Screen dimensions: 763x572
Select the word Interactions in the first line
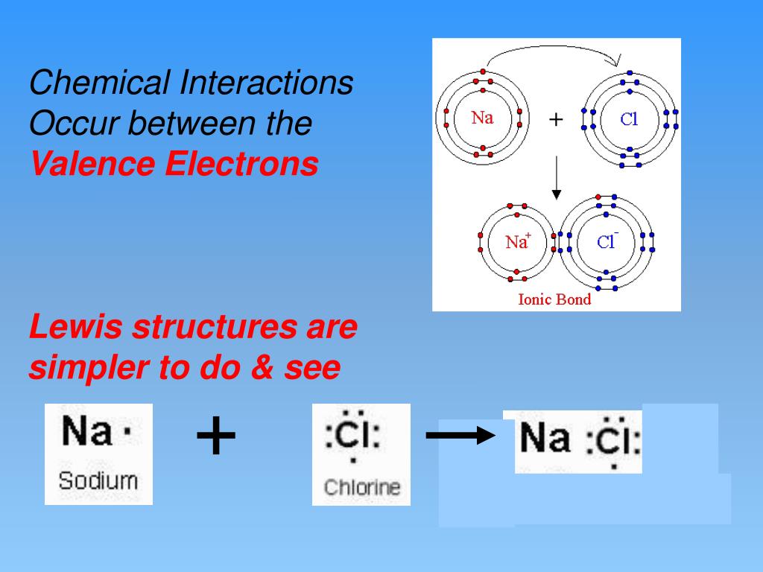[x=266, y=83]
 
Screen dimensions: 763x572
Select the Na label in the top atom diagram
[x=482, y=118]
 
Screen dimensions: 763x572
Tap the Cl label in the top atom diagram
[x=630, y=119]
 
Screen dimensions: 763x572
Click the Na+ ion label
[x=517, y=241]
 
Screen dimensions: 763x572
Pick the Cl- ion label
[x=607, y=241]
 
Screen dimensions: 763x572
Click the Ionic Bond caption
[x=554, y=299]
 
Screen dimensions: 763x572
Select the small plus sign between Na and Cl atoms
[x=556, y=119]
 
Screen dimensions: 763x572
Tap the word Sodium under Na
[x=98, y=480]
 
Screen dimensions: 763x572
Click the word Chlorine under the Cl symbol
[x=361, y=488]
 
